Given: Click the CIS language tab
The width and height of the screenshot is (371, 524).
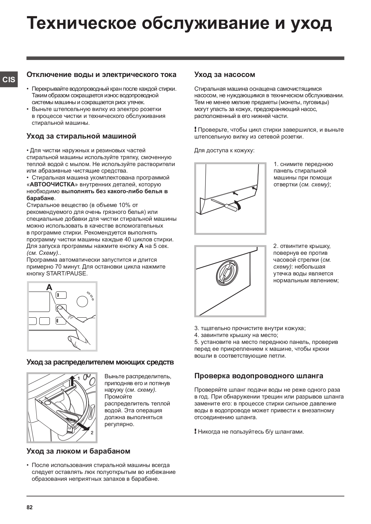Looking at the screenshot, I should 9,80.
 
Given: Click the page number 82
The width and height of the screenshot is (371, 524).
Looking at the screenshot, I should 29,508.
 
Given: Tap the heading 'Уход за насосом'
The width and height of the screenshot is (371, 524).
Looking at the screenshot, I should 225,75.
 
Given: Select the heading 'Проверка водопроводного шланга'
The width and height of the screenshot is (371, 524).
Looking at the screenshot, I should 259,376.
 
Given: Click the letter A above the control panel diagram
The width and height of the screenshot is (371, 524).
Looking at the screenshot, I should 49,287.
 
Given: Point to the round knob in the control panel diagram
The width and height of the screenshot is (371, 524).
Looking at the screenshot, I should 82,301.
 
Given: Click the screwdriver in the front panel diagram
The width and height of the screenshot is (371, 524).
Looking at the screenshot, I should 226,204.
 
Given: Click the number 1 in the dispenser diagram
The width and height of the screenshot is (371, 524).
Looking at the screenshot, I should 79,378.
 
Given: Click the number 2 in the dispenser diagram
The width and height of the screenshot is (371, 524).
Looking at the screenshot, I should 92,433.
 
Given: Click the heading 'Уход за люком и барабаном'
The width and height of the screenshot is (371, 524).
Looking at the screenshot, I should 78,451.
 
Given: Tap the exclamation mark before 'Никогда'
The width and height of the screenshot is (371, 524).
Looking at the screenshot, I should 195,431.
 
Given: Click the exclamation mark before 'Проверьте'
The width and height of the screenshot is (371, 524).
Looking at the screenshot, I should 195,130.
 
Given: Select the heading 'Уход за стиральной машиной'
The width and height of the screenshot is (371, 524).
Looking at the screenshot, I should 81,136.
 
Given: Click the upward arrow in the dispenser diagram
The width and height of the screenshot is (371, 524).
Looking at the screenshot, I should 72,381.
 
